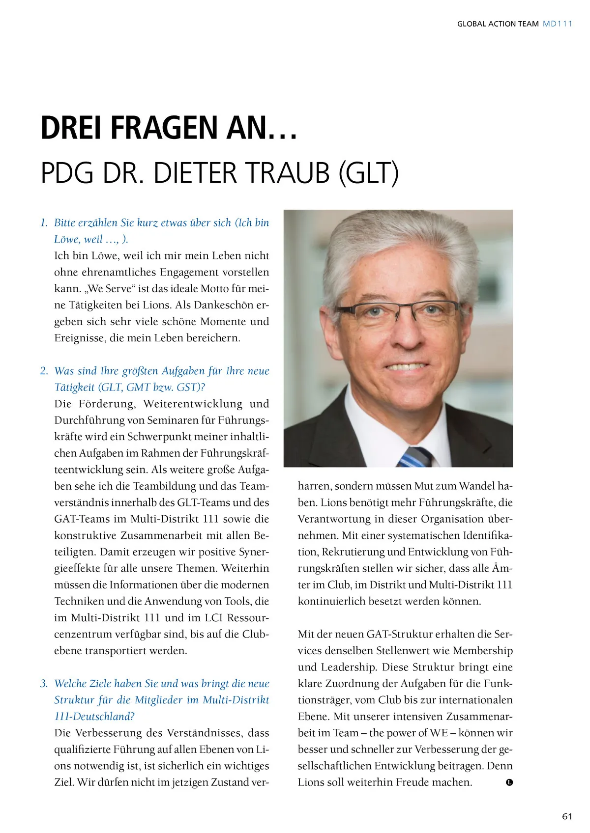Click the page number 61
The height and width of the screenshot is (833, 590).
567,816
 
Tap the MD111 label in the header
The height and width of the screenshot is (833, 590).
558,24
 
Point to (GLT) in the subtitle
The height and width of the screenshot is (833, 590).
368,173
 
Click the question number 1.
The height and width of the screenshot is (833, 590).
44,223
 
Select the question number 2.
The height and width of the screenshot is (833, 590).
44,371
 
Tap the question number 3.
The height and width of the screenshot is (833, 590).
44,684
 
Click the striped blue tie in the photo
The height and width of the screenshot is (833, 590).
414,457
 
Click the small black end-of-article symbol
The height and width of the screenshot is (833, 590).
509,782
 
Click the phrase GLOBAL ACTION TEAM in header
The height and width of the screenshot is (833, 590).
498,24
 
